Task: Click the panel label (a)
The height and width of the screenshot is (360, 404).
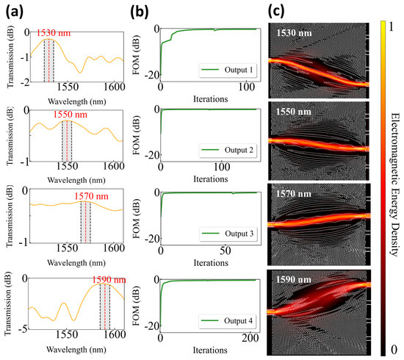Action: [x=15, y=12]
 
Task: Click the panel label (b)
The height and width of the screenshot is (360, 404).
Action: [x=140, y=12]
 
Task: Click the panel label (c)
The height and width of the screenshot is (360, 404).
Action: [x=276, y=12]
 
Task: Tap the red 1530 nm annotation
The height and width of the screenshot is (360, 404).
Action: [x=54, y=33]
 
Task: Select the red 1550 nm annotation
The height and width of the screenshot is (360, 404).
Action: [x=71, y=115]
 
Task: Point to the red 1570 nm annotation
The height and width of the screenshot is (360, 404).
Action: [x=92, y=196]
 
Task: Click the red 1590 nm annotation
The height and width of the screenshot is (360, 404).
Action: [x=109, y=280]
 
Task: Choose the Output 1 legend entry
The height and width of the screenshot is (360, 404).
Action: [x=228, y=70]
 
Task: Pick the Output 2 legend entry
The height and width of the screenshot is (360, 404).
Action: [x=228, y=150]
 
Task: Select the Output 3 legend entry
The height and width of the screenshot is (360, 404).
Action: [x=228, y=234]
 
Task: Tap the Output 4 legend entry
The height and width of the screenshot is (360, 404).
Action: [x=227, y=321]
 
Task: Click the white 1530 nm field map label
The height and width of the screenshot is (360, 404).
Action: [x=294, y=33]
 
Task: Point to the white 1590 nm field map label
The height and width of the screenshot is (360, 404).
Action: [x=294, y=280]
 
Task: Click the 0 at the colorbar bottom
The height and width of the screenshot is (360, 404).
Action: [x=394, y=350]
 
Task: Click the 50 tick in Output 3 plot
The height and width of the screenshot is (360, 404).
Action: [x=226, y=251]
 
